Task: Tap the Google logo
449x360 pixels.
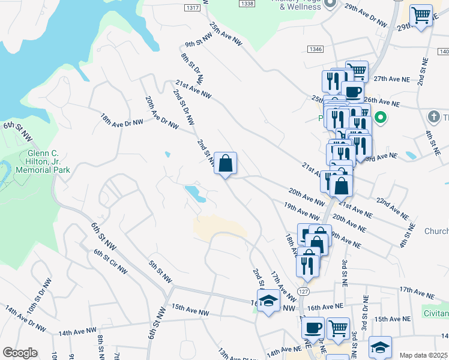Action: click(x=20, y=353)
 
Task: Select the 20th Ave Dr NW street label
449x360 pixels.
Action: click(x=162, y=113)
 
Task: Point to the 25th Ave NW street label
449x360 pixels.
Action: click(x=225, y=35)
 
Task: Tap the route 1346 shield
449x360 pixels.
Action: click(x=315, y=49)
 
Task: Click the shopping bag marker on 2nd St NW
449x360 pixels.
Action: click(x=225, y=163)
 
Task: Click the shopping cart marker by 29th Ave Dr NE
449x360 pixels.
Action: click(x=422, y=16)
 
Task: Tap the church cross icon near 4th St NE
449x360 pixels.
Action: click(x=433, y=116)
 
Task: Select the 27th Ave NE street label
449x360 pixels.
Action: click(x=391, y=79)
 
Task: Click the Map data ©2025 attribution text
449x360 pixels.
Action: click(x=423, y=355)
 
